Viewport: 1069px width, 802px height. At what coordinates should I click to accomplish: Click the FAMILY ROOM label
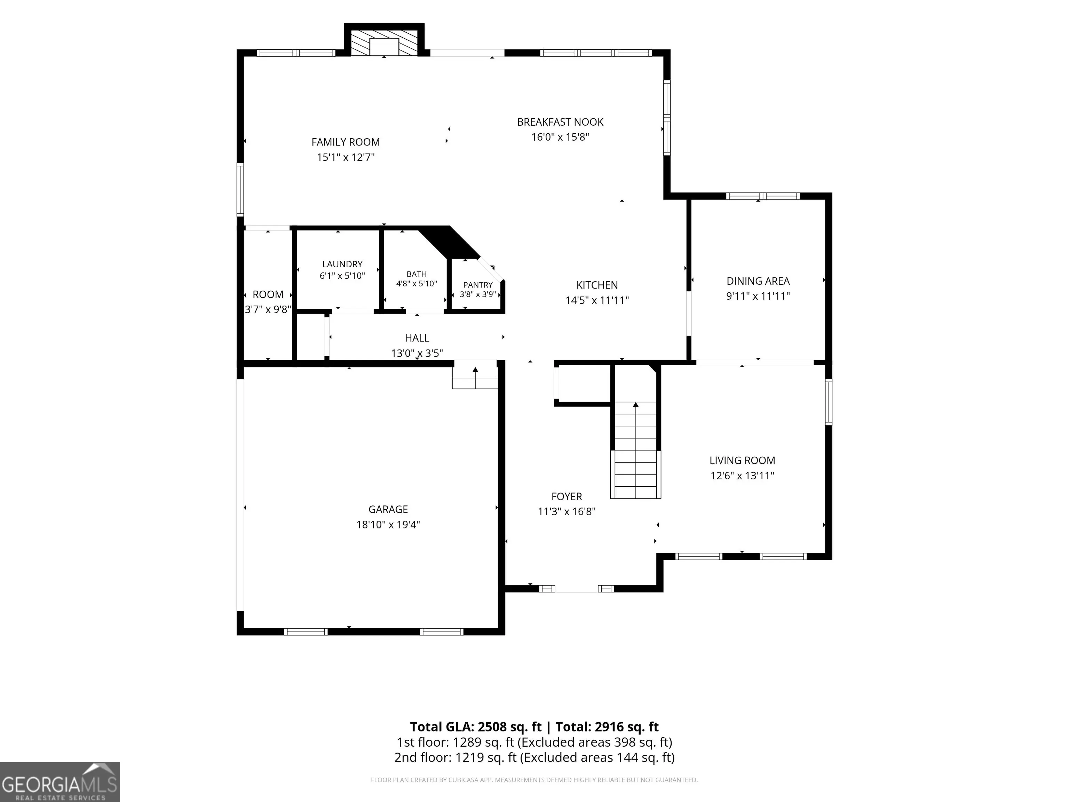pyautogui.click(x=346, y=142)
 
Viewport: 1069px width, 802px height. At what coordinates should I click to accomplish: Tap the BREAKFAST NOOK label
pyautogui.click(x=560, y=122)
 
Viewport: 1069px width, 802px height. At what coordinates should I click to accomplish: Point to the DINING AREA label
pyautogui.click(x=758, y=281)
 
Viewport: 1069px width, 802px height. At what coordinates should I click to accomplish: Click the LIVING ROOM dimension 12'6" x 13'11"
pyautogui.click(x=742, y=476)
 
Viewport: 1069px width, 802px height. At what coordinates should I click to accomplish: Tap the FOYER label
pyautogui.click(x=567, y=496)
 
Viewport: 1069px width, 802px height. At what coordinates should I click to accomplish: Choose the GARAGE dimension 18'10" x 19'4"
pyautogui.click(x=388, y=525)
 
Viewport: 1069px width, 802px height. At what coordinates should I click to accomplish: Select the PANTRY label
pyautogui.click(x=478, y=285)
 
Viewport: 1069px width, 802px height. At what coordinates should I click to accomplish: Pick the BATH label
pyautogui.click(x=417, y=274)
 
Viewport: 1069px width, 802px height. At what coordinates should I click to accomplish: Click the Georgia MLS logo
pyautogui.click(x=60, y=782)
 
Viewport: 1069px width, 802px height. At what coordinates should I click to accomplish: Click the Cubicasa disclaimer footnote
pyautogui.click(x=534, y=780)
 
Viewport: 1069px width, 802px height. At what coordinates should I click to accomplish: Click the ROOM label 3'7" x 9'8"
pyautogui.click(x=268, y=302)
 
